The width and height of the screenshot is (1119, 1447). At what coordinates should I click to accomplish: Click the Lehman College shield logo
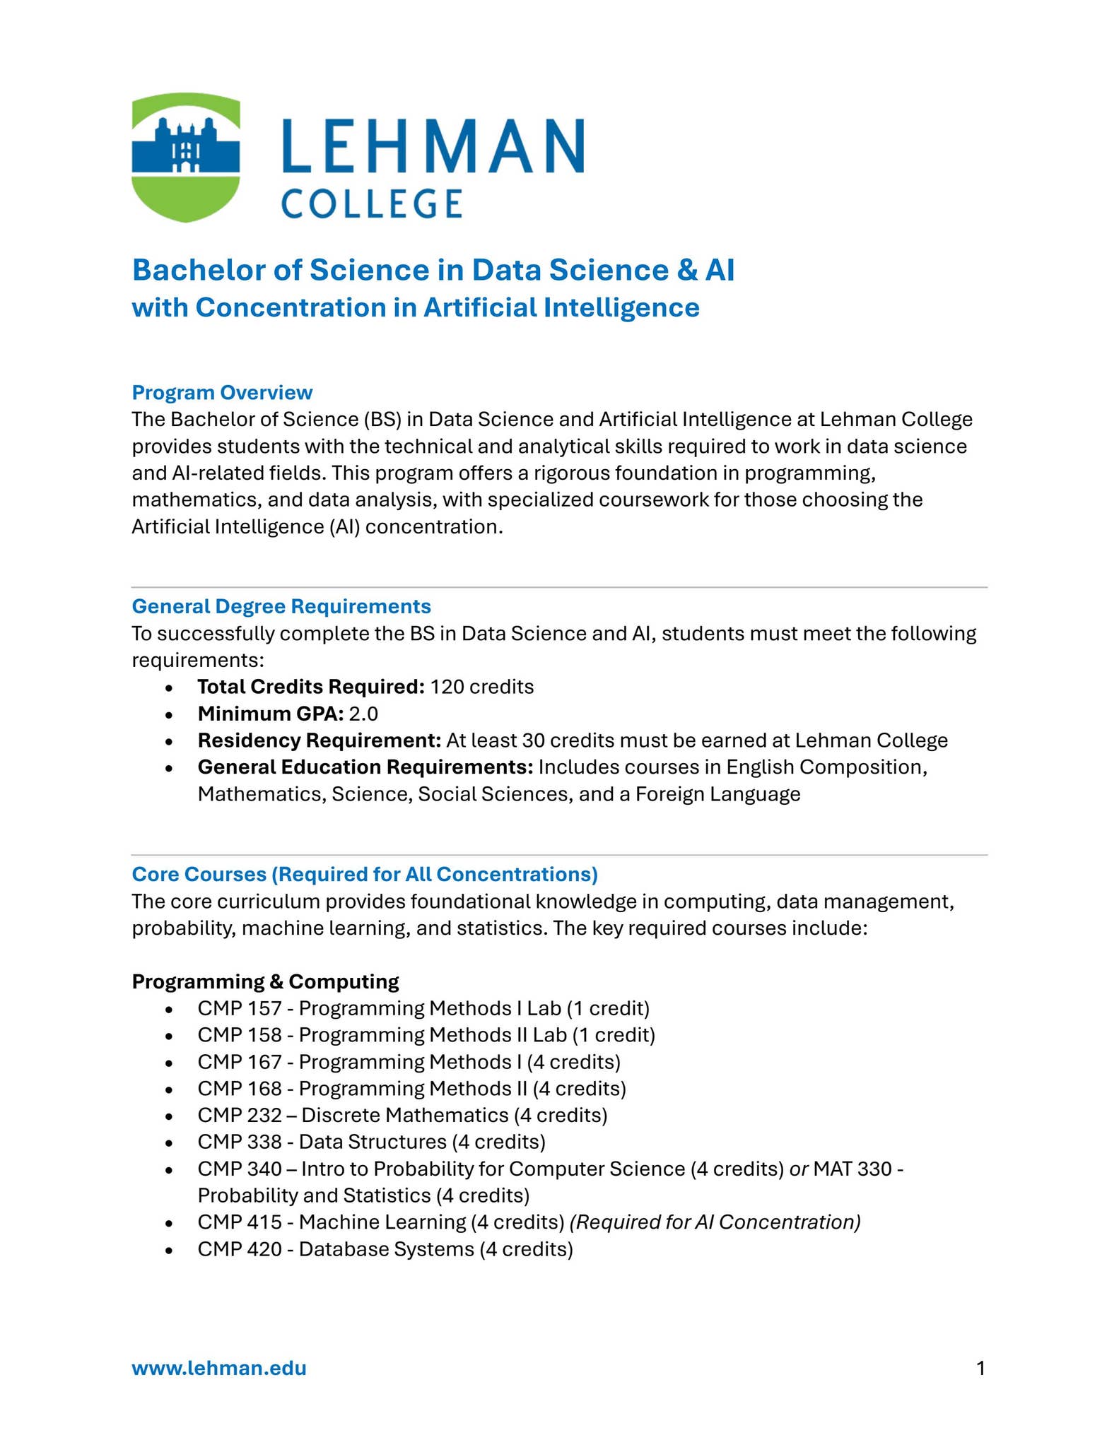pyautogui.click(x=186, y=158)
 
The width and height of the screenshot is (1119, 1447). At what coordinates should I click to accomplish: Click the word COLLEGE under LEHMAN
pyautogui.click(x=372, y=203)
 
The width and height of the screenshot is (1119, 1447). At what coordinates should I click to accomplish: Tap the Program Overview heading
pyautogui.click(x=222, y=392)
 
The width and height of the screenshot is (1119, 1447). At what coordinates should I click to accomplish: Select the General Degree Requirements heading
pyautogui.click(x=281, y=606)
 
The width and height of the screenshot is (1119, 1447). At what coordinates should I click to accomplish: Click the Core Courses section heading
pyautogui.click(x=365, y=874)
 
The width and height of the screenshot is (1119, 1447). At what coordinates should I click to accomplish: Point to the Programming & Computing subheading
pyautogui.click(x=265, y=981)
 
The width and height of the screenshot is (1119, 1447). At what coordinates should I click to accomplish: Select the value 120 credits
pyautogui.click(x=481, y=687)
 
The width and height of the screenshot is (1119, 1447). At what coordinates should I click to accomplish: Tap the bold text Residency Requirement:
pyautogui.click(x=320, y=740)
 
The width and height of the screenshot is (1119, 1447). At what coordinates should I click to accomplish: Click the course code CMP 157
pyautogui.click(x=240, y=1008)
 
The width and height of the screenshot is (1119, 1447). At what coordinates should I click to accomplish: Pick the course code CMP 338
pyautogui.click(x=240, y=1142)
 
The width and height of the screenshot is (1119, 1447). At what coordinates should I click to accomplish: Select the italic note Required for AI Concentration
pyautogui.click(x=715, y=1222)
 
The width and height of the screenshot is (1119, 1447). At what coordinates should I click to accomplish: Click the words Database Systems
pyautogui.click(x=386, y=1249)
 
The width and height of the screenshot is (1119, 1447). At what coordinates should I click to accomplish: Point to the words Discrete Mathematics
pyautogui.click(x=404, y=1115)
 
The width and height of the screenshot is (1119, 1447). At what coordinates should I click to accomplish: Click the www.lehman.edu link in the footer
pyautogui.click(x=219, y=1369)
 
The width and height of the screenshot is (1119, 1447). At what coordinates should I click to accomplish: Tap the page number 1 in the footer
pyautogui.click(x=980, y=1369)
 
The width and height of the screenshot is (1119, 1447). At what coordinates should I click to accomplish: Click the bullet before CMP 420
pyautogui.click(x=168, y=1250)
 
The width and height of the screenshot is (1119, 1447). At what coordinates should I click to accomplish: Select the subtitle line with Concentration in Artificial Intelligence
pyautogui.click(x=416, y=307)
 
